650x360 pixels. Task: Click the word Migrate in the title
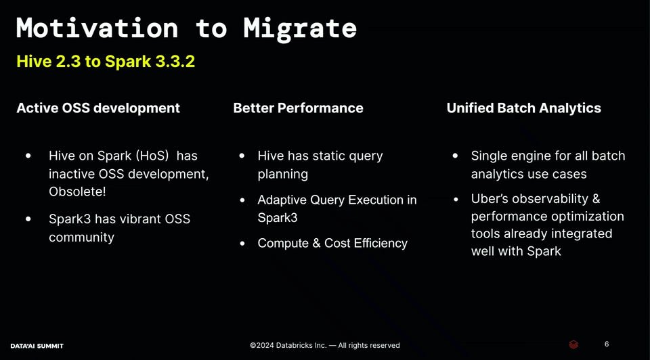point(300,29)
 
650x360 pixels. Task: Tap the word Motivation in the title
point(97,28)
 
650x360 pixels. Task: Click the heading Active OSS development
point(98,108)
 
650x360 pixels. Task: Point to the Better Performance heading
point(298,108)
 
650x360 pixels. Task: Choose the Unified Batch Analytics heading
point(523,108)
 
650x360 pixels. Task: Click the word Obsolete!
point(77,192)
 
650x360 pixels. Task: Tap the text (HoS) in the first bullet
point(152,156)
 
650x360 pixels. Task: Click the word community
point(81,238)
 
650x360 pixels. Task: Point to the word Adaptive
point(282,200)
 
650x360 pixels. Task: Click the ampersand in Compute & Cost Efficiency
point(316,243)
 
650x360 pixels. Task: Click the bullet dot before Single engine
point(455,156)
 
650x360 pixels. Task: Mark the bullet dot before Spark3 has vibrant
point(28,219)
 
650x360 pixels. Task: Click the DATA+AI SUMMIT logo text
point(37,346)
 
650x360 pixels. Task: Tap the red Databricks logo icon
point(573,344)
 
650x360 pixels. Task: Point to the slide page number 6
point(607,344)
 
